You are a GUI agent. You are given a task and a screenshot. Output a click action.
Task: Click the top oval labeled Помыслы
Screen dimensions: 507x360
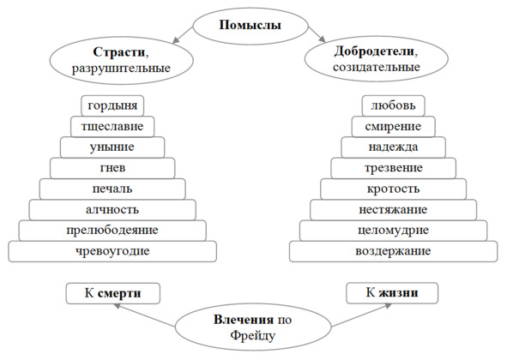pos(250,27)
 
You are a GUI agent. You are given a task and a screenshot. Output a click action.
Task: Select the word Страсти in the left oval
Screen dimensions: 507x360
pos(119,52)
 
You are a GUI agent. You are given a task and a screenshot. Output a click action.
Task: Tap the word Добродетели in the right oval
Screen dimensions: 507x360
pos(374,51)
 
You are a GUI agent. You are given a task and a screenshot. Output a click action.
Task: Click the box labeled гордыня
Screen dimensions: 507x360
pos(112,105)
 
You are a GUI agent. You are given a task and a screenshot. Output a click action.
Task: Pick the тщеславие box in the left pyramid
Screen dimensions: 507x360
pos(112,126)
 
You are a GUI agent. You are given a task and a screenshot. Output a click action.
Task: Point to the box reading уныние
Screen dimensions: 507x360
pos(112,147)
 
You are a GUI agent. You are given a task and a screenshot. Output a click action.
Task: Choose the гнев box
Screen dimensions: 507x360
pos(112,168)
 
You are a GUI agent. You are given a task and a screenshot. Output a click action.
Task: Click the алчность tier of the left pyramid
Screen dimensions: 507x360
pos(112,210)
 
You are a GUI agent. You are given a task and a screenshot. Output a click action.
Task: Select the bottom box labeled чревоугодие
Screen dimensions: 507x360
pos(112,251)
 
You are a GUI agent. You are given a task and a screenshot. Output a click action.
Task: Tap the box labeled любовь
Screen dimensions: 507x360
pos(393,105)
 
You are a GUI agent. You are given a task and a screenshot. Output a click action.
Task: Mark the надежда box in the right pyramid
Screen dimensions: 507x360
pos(393,147)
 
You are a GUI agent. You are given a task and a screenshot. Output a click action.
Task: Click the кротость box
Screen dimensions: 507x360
pos(393,189)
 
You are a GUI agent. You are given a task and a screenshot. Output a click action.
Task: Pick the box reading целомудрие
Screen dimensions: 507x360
pos(393,231)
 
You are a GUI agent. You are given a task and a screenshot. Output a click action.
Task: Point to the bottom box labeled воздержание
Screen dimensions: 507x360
pos(393,251)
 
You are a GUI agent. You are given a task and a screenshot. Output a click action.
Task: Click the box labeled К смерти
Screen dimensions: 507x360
pos(113,293)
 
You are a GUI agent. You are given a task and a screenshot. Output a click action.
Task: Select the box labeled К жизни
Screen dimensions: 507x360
pos(392,293)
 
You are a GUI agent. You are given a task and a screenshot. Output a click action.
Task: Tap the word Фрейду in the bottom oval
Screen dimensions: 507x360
pos(253,335)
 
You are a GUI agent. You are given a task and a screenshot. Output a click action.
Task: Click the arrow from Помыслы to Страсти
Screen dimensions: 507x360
pos(183,35)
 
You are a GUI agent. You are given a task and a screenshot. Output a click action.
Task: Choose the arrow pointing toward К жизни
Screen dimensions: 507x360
pos(361,315)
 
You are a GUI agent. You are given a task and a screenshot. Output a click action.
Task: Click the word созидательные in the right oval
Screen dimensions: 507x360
pos(377,67)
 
